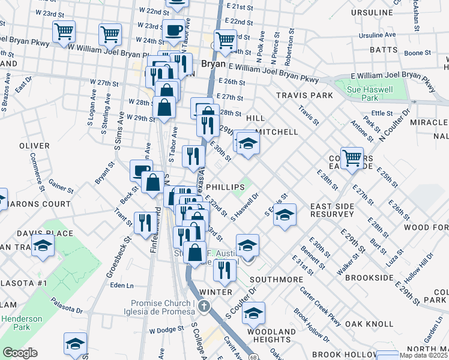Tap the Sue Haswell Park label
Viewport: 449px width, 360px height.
tap(370, 93)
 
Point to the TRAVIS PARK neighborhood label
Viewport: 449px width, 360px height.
tap(304, 95)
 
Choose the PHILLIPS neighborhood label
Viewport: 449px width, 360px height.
tap(225, 187)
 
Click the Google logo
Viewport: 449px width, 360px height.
tap(19, 353)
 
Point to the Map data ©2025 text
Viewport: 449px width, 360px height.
tap(423, 355)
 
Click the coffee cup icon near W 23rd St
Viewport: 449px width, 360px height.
tap(175, 31)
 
